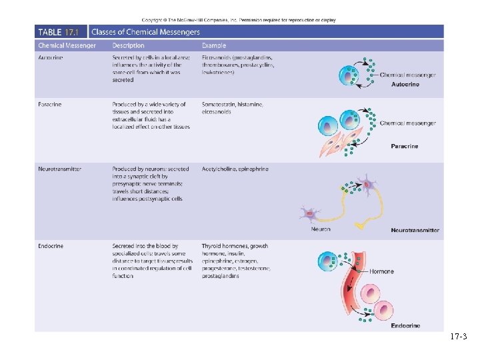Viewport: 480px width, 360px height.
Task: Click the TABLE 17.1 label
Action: (59, 32)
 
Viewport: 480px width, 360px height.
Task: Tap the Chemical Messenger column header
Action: (67, 46)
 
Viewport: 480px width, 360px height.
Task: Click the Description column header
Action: (129, 46)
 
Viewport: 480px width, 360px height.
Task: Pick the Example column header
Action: (214, 46)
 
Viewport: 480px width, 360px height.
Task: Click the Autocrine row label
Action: (51, 58)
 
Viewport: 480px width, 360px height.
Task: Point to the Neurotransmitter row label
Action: (60, 169)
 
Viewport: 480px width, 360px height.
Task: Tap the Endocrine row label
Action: (51, 246)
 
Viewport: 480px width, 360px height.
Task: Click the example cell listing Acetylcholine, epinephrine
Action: (235, 169)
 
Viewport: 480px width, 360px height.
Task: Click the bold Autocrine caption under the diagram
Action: (405, 85)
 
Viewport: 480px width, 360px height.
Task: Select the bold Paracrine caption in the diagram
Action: (404, 146)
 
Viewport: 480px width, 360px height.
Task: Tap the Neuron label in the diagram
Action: (321, 229)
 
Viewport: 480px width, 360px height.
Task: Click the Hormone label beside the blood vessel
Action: (382, 272)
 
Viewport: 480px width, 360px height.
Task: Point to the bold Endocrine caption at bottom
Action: (405, 325)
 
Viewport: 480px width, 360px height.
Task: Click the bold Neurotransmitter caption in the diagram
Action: (415, 230)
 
